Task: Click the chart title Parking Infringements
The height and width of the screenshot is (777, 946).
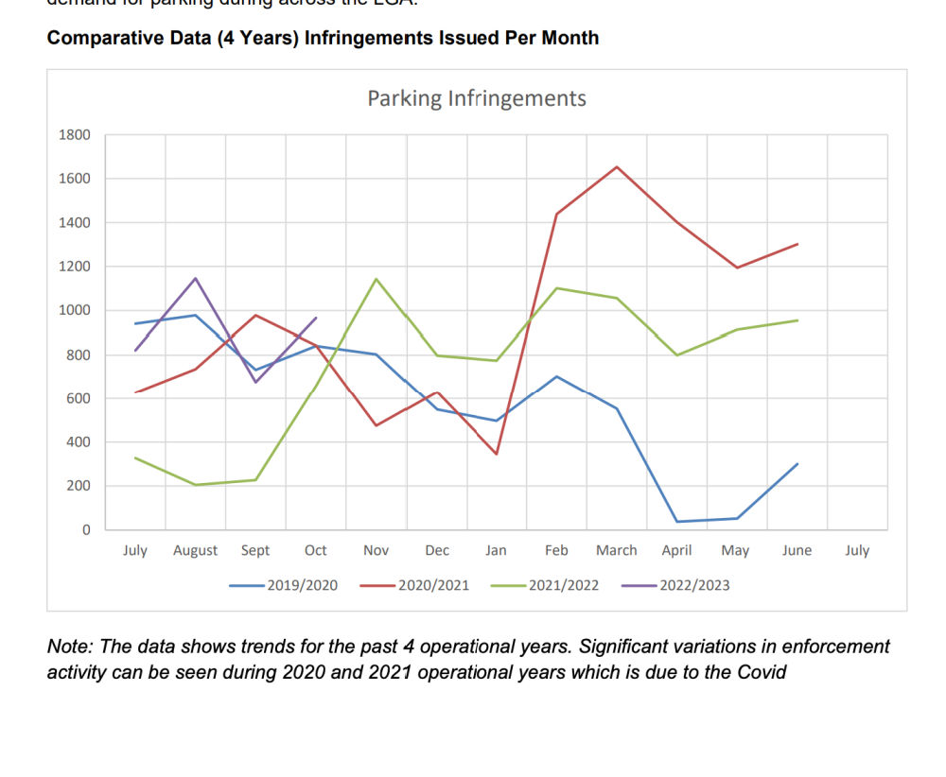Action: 476,98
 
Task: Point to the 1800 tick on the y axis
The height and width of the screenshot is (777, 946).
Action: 77,135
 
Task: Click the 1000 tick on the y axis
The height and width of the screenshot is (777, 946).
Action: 77,310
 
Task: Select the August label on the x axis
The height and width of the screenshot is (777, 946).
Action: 195,550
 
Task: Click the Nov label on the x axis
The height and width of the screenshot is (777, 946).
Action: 376,550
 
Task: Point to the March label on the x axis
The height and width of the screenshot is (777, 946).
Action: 616,550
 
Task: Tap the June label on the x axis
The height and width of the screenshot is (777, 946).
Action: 797,550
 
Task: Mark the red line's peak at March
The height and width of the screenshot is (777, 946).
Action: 617,167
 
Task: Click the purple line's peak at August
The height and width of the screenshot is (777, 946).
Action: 195,278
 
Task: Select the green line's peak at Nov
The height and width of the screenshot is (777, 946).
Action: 376,279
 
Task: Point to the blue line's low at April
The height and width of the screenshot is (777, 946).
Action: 677,522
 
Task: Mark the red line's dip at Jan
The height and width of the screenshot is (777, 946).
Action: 496,454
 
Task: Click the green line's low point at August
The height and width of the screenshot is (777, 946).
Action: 195,485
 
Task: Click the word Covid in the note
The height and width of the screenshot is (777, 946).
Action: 762,672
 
